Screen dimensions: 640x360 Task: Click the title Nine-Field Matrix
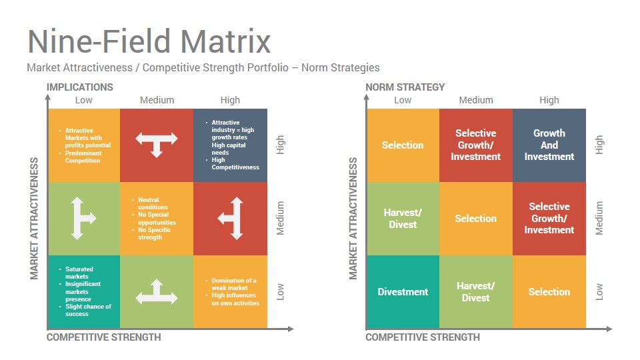(x=149, y=41)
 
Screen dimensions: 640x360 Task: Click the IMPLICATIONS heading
(x=79, y=87)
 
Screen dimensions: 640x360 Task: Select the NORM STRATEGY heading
(x=405, y=87)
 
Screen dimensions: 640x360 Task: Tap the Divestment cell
(x=403, y=292)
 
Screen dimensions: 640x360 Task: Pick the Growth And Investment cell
(x=549, y=145)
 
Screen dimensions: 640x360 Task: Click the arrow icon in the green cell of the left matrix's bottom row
(x=157, y=292)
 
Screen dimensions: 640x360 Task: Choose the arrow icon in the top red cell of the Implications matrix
(x=157, y=145)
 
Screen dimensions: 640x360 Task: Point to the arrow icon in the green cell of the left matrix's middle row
(x=83, y=219)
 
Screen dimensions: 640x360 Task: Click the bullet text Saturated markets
(x=79, y=273)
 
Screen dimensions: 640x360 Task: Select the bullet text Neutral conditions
(x=153, y=203)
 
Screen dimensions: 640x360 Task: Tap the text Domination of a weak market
(x=234, y=284)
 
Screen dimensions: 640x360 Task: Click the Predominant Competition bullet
(x=83, y=157)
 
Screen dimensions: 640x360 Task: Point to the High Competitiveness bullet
(x=235, y=163)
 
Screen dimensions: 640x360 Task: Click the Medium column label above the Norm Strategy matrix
(x=476, y=100)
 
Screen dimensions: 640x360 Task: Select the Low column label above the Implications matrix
(x=84, y=100)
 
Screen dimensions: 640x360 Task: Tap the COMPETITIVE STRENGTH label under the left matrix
(x=104, y=337)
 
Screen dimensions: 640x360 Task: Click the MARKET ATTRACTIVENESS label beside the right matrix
(x=353, y=219)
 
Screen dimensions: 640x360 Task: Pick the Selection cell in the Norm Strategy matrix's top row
(x=403, y=145)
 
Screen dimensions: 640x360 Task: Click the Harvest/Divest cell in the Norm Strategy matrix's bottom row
(x=476, y=292)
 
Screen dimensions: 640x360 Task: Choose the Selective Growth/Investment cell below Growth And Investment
(x=549, y=219)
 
